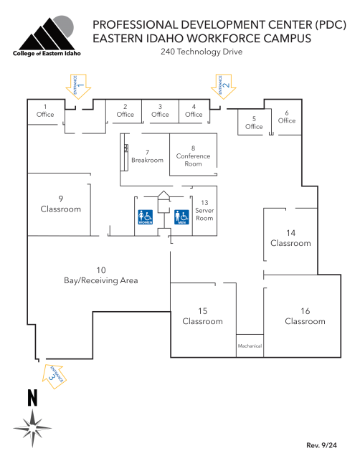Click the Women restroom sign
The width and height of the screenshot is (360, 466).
pyautogui.click(x=145, y=217)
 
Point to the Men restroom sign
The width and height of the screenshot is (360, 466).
pyautogui.click(x=181, y=217)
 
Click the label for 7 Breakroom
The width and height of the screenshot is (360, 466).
pyautogui.click(x=147, y=156)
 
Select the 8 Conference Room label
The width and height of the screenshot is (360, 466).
pyautogui.click(x=193, y=156)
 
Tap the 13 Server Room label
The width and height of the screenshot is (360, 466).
pyautogui.click(x=204, y=210)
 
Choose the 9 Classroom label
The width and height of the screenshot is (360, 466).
pyautogui.click(x=61, y=204)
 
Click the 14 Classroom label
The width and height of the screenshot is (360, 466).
pyautogui.click(x=290, y=238)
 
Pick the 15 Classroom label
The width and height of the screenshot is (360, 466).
pyautogui.click(x=202, y=316)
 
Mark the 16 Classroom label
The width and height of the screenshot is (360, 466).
pyautogui.click(x=305, y=316)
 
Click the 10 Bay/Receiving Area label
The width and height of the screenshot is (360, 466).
pyautogui.click(x=101, y=275)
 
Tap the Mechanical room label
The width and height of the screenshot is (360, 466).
pyautogui.click(x=250, y=346)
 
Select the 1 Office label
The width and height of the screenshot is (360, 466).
pyautogui.click(x=45, y=110)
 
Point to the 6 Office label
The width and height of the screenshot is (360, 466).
pyautogui.click(x=287, y=117)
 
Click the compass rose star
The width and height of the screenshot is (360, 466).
pyautogui.click(x=32, y=427)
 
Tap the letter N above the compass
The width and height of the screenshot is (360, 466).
pyautogui.click(x=32, y=397)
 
